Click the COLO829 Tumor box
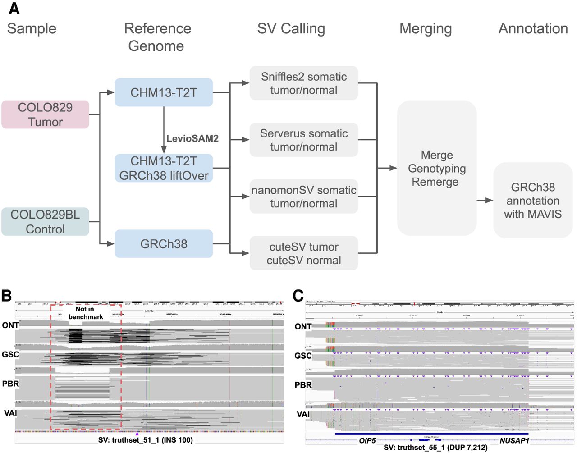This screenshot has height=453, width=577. [x=45, y=114]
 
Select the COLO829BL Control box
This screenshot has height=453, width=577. [x=45, y=222]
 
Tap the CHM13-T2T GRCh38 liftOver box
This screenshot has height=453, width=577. [x=164, y=168]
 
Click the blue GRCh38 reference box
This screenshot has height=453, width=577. [x=164, y=244]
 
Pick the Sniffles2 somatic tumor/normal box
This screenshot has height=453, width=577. [x=304, y=83]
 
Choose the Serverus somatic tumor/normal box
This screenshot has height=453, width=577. [x=304, y=140]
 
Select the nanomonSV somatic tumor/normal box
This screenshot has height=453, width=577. [x=304, y=197]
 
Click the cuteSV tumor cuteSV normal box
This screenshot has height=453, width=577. [x=304, y=253]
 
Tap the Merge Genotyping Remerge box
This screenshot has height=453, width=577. [x=436, y=168]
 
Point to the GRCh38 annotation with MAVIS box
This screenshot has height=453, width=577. [x=533, y=201]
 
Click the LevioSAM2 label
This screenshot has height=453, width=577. [x=192, y=138]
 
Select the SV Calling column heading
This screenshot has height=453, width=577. [x=291, y=28]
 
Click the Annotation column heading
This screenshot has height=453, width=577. [x=533, y=28]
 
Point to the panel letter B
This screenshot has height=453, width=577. [x=6, y=296]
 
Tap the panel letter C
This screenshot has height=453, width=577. [x=298, y=296]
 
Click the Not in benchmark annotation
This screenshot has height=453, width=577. [x=85, y=313]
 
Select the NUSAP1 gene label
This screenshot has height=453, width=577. [x=514, y=440]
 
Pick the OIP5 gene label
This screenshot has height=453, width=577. [x=367, y=440]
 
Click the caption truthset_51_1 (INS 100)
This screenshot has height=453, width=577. [x=145, y=440]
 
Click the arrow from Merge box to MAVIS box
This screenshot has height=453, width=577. [x=485, y=200]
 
